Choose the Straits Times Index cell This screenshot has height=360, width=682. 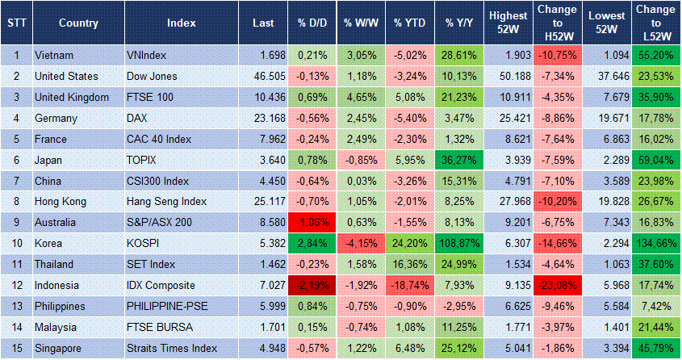[x=172, y=349]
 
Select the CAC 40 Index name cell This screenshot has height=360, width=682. [x=159, y=139]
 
